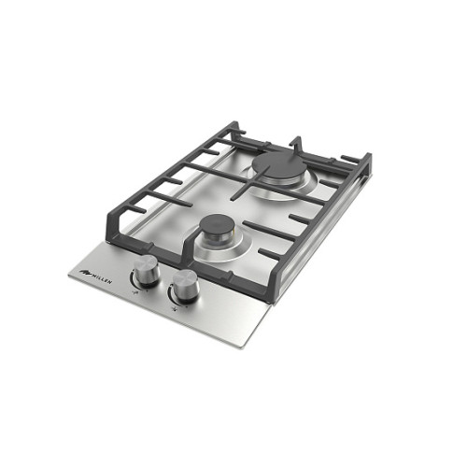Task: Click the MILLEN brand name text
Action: click(x=101, y=277)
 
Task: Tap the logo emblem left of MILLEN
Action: click(x=84, y=273)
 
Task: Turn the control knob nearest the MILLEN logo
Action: click(x=146, y=269)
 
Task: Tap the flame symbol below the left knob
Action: click(x=136, y=292)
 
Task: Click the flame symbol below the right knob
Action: click(x=176, y=309)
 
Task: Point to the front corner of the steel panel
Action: click(x=243, y=348)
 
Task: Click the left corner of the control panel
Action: click(x=69, y=274)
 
